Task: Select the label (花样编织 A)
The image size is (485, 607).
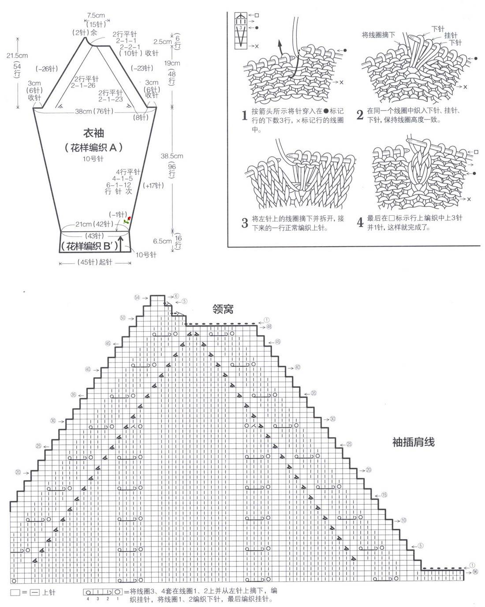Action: [x=93, y=148]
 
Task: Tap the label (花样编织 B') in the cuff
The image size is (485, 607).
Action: [x=90, y=246]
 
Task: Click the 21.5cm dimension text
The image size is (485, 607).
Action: [x=17, y=56]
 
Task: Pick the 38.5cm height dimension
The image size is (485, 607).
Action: [x=172, y=156]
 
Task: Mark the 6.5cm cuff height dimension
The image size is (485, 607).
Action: [x=163, y=241]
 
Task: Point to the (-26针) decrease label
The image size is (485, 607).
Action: [x=47, y=69]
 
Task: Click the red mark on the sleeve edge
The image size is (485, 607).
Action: [x=129, y=219]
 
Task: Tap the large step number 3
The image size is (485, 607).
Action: [x=245, y=223]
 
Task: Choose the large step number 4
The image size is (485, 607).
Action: [x=360, y=223]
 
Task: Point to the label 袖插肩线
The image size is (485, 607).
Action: [x=413, y=442]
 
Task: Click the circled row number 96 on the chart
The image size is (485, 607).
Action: [x=475, y=572]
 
